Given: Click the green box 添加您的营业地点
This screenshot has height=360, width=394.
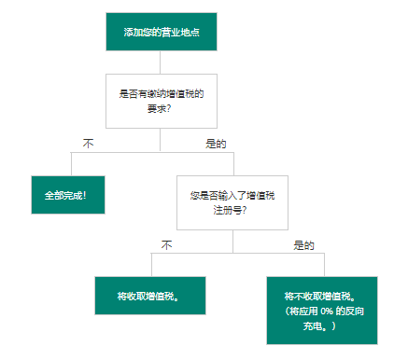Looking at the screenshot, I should point(161,32).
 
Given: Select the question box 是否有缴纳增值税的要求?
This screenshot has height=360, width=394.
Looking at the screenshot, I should point(161,101).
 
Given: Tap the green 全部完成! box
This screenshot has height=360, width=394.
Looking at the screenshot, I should point(66,197).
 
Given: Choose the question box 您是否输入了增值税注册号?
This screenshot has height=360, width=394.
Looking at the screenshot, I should point(232,202).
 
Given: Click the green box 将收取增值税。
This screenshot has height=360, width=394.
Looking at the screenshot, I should point(149,296).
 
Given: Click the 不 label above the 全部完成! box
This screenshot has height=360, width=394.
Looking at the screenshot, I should point(89,144).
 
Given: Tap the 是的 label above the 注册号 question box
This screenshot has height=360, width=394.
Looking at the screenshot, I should point(217,144).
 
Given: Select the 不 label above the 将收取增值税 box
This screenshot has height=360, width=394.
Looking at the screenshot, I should point(167,245).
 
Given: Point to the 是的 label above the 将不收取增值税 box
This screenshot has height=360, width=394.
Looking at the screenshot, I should point(304,245).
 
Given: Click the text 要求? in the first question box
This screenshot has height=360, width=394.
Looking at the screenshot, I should point(161,108).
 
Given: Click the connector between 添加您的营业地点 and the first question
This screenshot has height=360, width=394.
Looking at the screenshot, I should point(161,62).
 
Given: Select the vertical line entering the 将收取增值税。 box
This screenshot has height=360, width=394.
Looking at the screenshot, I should point(149,264).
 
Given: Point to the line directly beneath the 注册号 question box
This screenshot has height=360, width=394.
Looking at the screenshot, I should point(232,241).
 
